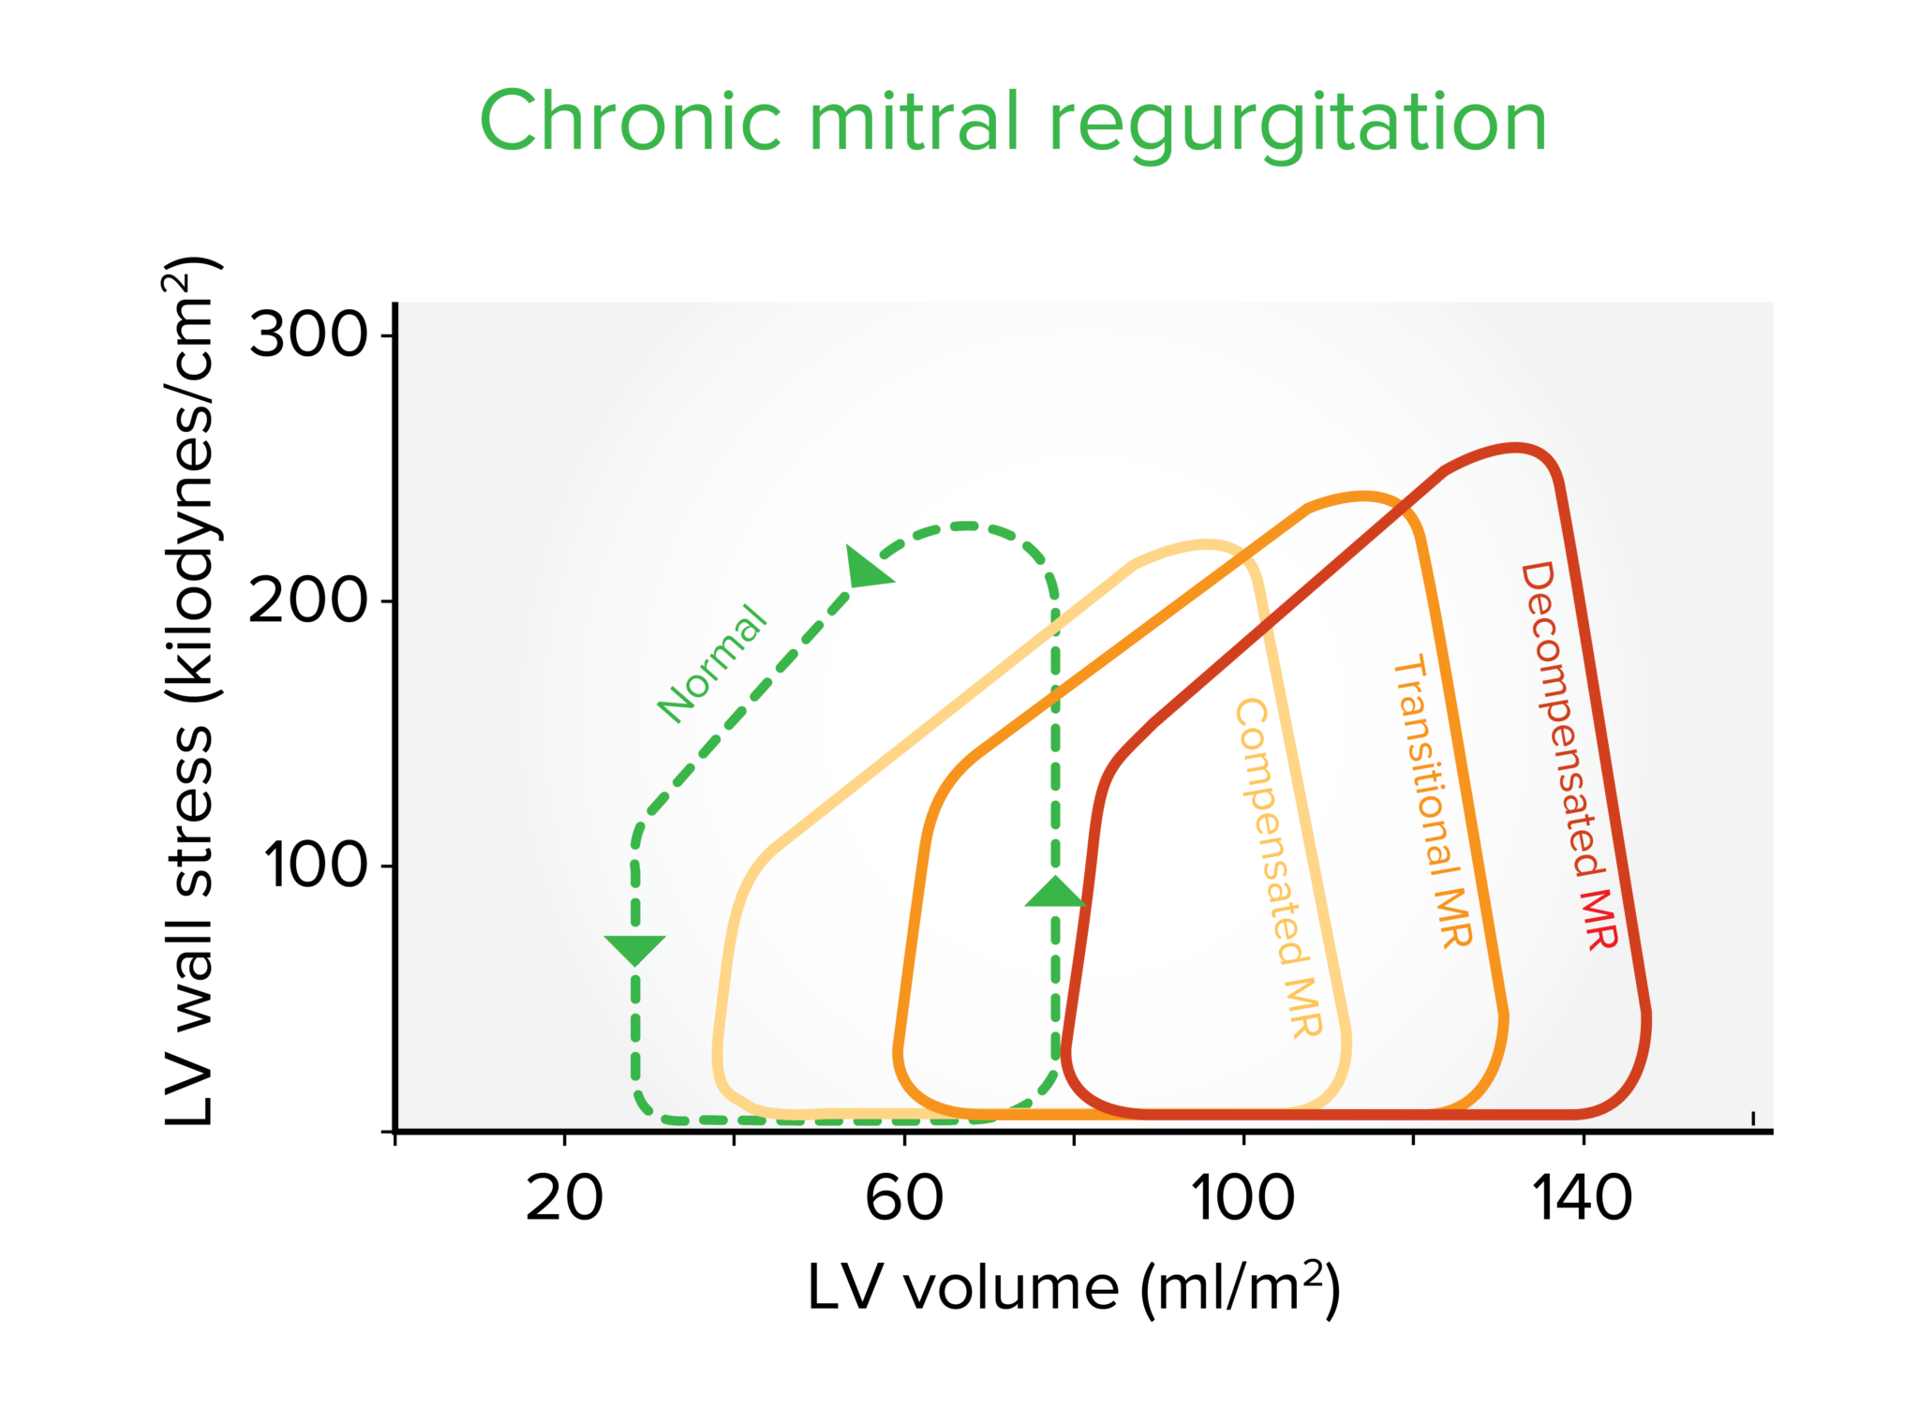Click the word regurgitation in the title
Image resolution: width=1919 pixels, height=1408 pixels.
[1298, 127]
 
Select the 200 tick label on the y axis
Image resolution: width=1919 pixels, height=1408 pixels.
[308, 600]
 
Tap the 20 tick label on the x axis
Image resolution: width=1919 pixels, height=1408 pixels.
[564, 1198]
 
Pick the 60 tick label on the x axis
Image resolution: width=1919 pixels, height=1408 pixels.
[904, 1198]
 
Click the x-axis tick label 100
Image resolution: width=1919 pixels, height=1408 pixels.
[1243, 1198]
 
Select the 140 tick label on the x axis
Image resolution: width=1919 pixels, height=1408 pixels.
[1583, 1198]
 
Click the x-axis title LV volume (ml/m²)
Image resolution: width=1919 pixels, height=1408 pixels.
[1075, 1289]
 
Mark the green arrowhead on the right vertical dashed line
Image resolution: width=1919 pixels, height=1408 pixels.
[1056, 892]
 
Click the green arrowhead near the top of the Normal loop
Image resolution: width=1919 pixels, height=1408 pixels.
[867, 568]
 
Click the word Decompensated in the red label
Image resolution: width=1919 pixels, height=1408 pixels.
[1560, 719]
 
